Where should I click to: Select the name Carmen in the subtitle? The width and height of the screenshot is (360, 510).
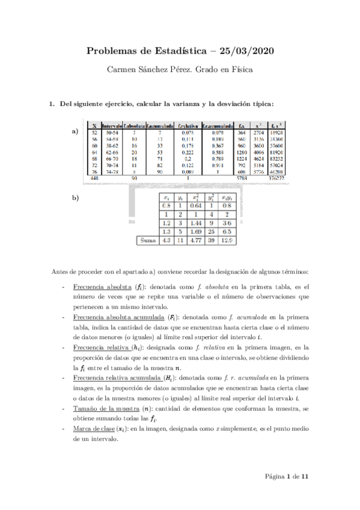[121, 69]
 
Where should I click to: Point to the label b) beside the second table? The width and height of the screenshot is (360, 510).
[75, 197]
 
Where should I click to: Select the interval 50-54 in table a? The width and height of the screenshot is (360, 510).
[112, 132]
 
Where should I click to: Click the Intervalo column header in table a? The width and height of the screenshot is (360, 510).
[112, 125]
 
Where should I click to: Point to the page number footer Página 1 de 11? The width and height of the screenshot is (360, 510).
[287, 477]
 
